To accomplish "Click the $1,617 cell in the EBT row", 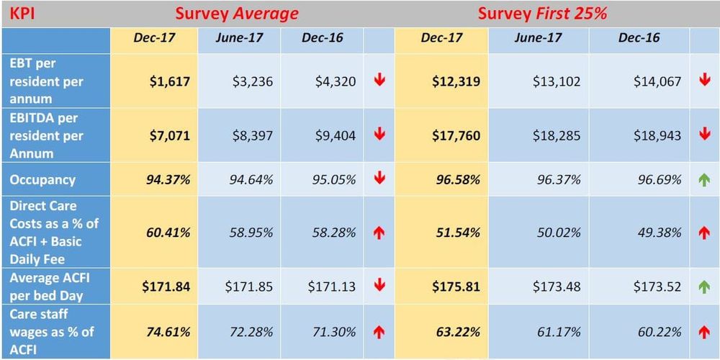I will click(x=170, y=81).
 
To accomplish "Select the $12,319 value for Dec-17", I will click(x=456, y=81).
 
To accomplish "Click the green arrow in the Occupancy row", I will click(x=704, y=179).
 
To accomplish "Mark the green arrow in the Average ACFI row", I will click(x=704, y=287).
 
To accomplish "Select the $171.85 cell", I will click(x=249, y=287).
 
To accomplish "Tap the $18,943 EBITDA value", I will click(x=657, y=135).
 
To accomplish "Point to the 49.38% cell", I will click(x=657, y=233).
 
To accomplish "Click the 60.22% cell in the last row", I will click(x=657, y=332).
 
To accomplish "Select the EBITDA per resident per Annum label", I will click(x=47, y=135).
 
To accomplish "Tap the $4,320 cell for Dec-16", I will click(x=336, y=81).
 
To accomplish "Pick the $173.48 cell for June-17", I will click(x=557, y=287).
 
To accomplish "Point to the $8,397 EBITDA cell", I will click(x=252, y=135).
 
